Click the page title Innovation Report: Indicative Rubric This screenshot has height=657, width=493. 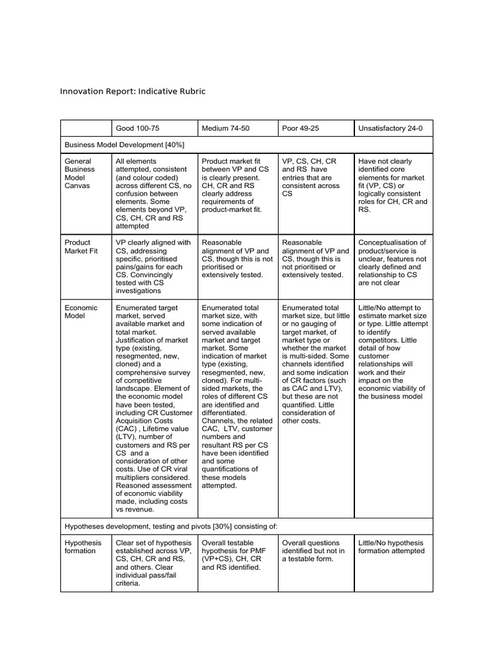click(x=133, y=91)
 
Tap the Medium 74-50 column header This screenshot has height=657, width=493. click(x=225, y=128)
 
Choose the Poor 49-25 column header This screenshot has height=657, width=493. click(x=300, y=128)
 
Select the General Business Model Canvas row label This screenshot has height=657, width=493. click(x=80, y=173)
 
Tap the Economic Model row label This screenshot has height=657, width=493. click(x=81, y=312)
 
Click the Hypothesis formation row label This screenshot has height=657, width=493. click(x=83, y=547)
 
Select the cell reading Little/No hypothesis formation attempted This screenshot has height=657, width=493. click(x=391, y=547)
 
